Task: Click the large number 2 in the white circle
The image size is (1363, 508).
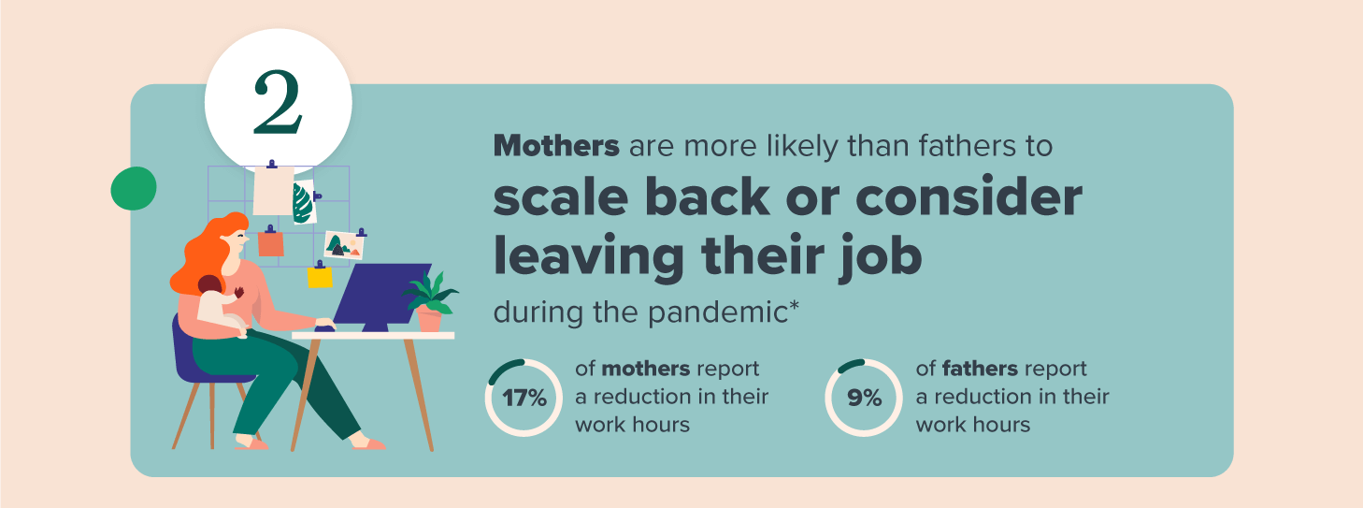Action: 278,102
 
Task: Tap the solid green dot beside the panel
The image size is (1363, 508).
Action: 134,188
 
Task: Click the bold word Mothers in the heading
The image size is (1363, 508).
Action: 556,146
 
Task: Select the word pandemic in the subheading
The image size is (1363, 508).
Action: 717,312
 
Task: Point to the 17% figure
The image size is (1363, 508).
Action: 524,399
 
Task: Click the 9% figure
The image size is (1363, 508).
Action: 864,399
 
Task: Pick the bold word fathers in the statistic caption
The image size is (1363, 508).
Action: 980,369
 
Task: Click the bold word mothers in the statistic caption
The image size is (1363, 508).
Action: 646,369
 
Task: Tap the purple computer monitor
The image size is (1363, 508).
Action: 381,298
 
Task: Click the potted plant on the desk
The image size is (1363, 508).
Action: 430,302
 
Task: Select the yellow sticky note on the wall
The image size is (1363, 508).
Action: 320,275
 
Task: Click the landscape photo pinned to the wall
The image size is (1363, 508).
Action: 344,244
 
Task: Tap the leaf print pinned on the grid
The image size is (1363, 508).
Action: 303,202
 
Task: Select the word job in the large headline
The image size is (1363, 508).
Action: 880,256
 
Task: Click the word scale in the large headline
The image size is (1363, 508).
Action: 560,196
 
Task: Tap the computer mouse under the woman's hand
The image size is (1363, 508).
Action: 324,329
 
